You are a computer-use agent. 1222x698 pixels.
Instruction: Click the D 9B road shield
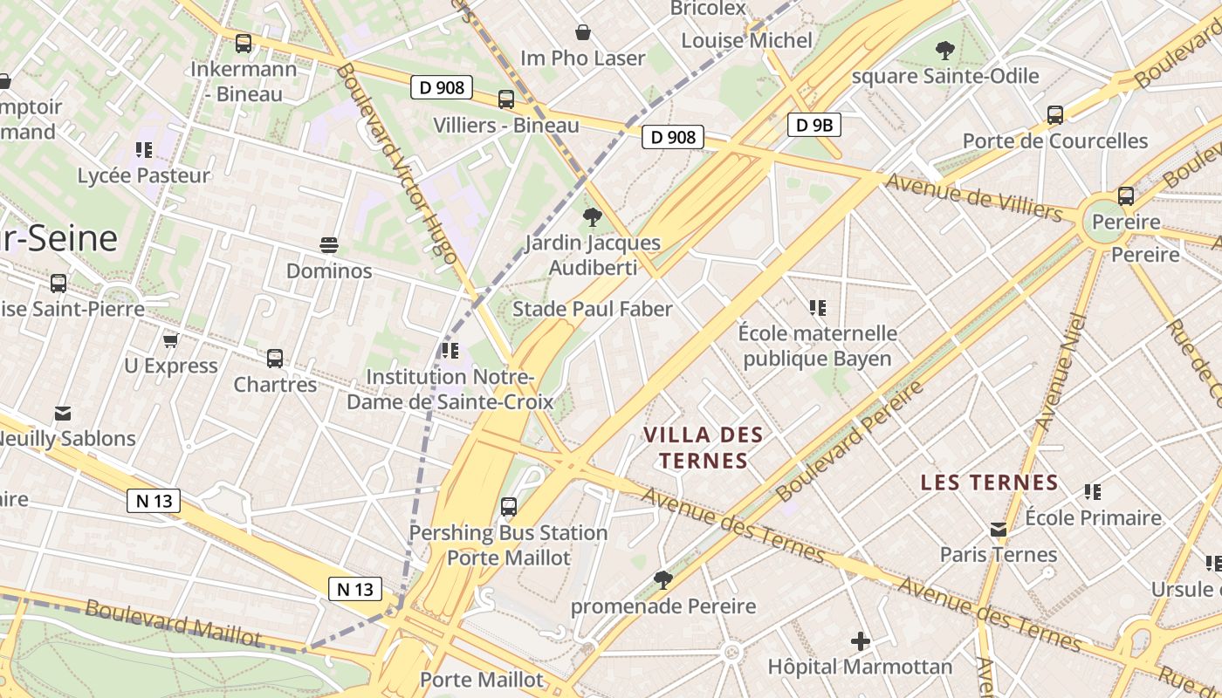click(814, 125)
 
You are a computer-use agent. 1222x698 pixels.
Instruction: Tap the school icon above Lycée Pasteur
click(144, 150)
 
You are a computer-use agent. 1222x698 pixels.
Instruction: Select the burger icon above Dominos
click(329, 245)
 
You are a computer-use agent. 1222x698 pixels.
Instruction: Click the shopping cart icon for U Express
click(171, 340)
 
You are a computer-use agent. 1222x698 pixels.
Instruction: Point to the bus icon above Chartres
click(275, 358)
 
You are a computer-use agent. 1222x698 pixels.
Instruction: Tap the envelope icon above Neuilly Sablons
click(63, 413)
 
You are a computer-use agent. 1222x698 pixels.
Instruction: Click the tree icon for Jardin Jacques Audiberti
click(593, 216)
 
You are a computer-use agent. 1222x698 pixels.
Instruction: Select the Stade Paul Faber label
click(593, 309)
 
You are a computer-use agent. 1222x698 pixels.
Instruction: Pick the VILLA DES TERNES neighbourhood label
click(704, 448)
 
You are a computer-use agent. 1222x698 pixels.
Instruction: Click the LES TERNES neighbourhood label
click(989, 482)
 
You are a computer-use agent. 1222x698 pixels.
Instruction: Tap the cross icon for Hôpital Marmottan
click(860, 642)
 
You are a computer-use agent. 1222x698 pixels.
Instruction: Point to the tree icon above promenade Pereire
click(663, 580)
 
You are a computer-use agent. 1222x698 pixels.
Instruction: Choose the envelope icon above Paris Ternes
click(999, 529)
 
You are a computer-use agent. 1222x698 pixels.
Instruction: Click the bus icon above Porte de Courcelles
click(1054, 115)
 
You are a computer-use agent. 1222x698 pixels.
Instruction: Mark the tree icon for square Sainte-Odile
click(944, 51)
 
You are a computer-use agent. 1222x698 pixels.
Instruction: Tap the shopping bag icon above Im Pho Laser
click(583, 33)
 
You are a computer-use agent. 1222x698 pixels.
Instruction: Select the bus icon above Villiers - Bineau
click(506, 99)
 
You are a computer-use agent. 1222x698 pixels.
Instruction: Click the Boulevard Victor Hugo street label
click(395, 163)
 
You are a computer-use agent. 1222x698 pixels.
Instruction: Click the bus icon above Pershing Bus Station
click(508, 506)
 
